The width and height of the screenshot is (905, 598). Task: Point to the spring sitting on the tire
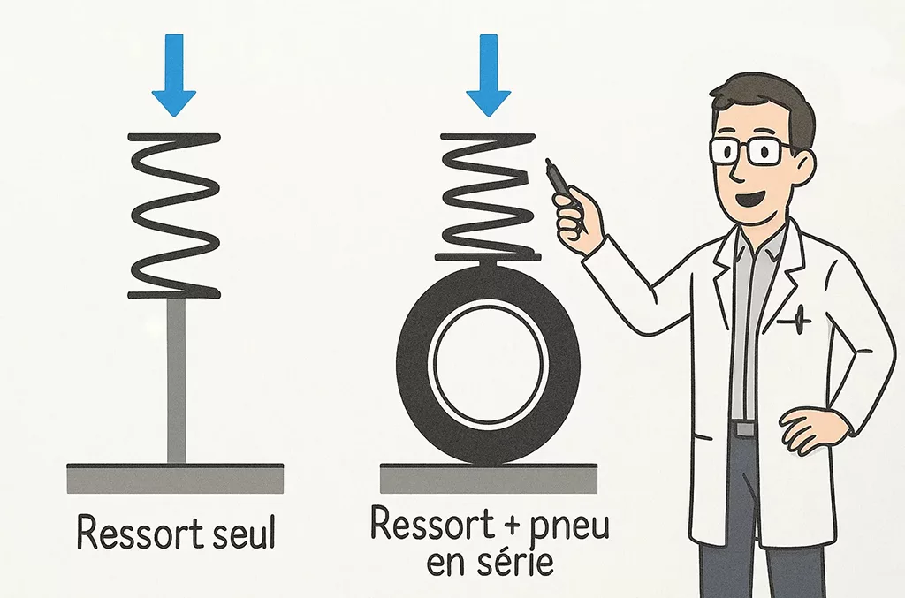[487, 194]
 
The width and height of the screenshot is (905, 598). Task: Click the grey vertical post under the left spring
[177, 380]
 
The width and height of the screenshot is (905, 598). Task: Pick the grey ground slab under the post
[175, 479]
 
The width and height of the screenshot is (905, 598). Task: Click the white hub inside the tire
[487, 361]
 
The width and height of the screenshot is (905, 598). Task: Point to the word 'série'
[517, 562]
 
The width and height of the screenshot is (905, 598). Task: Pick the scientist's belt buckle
[745, 428]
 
